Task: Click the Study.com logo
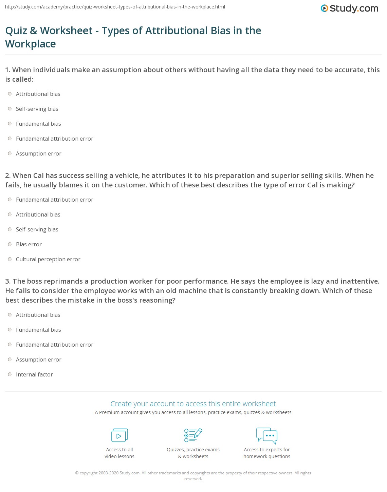pos(349,8)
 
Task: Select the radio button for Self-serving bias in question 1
pos(10,109)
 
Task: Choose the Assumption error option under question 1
pos(10,153)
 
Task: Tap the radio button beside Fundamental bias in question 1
pos(10,124)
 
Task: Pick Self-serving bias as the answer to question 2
pos(10,229)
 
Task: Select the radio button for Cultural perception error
pos(10,259)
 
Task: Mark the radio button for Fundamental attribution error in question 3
pos(10,345)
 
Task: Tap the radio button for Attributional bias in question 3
pos(10,315)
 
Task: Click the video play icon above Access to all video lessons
pos(119,435)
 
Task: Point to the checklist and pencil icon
pos(193,435)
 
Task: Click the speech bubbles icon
pos(267,435)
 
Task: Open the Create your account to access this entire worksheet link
pos(193,404)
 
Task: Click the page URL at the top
pos(115,7)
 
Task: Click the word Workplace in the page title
pos(31,44)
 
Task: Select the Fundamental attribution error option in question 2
pos(10,200)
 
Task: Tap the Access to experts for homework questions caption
pos(267,453)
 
